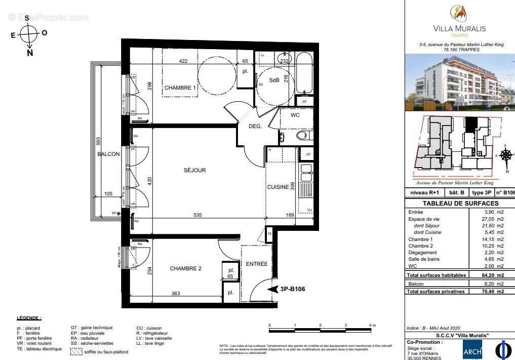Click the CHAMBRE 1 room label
pyautogui.click(x=180, y=88)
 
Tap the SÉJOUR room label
pyautogui.click(x=194, y=170)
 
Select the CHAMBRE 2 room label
pyautogui.click(x=185, y=268)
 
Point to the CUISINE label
pyautogui.click(x=278, y=187)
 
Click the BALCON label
pyautogui.click(x=109, y=154)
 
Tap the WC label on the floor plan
pyautogui.click(x=296, y=115)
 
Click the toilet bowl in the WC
pyautogui.click(x=302, y=135)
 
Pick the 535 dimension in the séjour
pyautogui.click(x=197, y=215)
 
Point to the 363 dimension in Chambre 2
pyautogui.click(x=175, y=294)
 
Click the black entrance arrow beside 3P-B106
pyautogui.click(x=273, y=289)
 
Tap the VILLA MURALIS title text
pyautogui.click(x=460, y=28)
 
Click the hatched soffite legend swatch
pyautogui.click(x=75, y=351)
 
